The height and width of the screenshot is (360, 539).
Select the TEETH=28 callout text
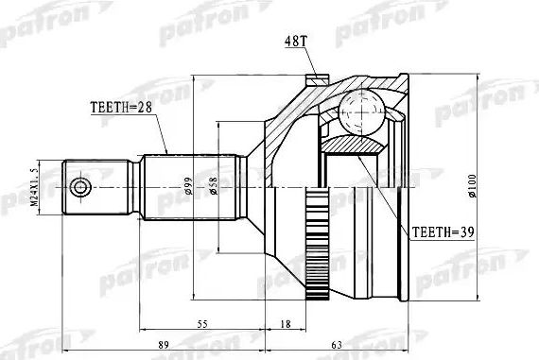pyautogui.click(x=122, y=108)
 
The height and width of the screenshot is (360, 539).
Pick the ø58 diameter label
pyautogui.click(x=217, y=186)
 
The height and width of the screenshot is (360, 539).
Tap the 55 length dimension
pyautogui.click(x=200, y=324)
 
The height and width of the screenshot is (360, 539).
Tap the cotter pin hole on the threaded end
pyautogui.click(x=79, y=185)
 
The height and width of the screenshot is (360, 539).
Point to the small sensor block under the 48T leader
pyautogui.click(x=315, y=80)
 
